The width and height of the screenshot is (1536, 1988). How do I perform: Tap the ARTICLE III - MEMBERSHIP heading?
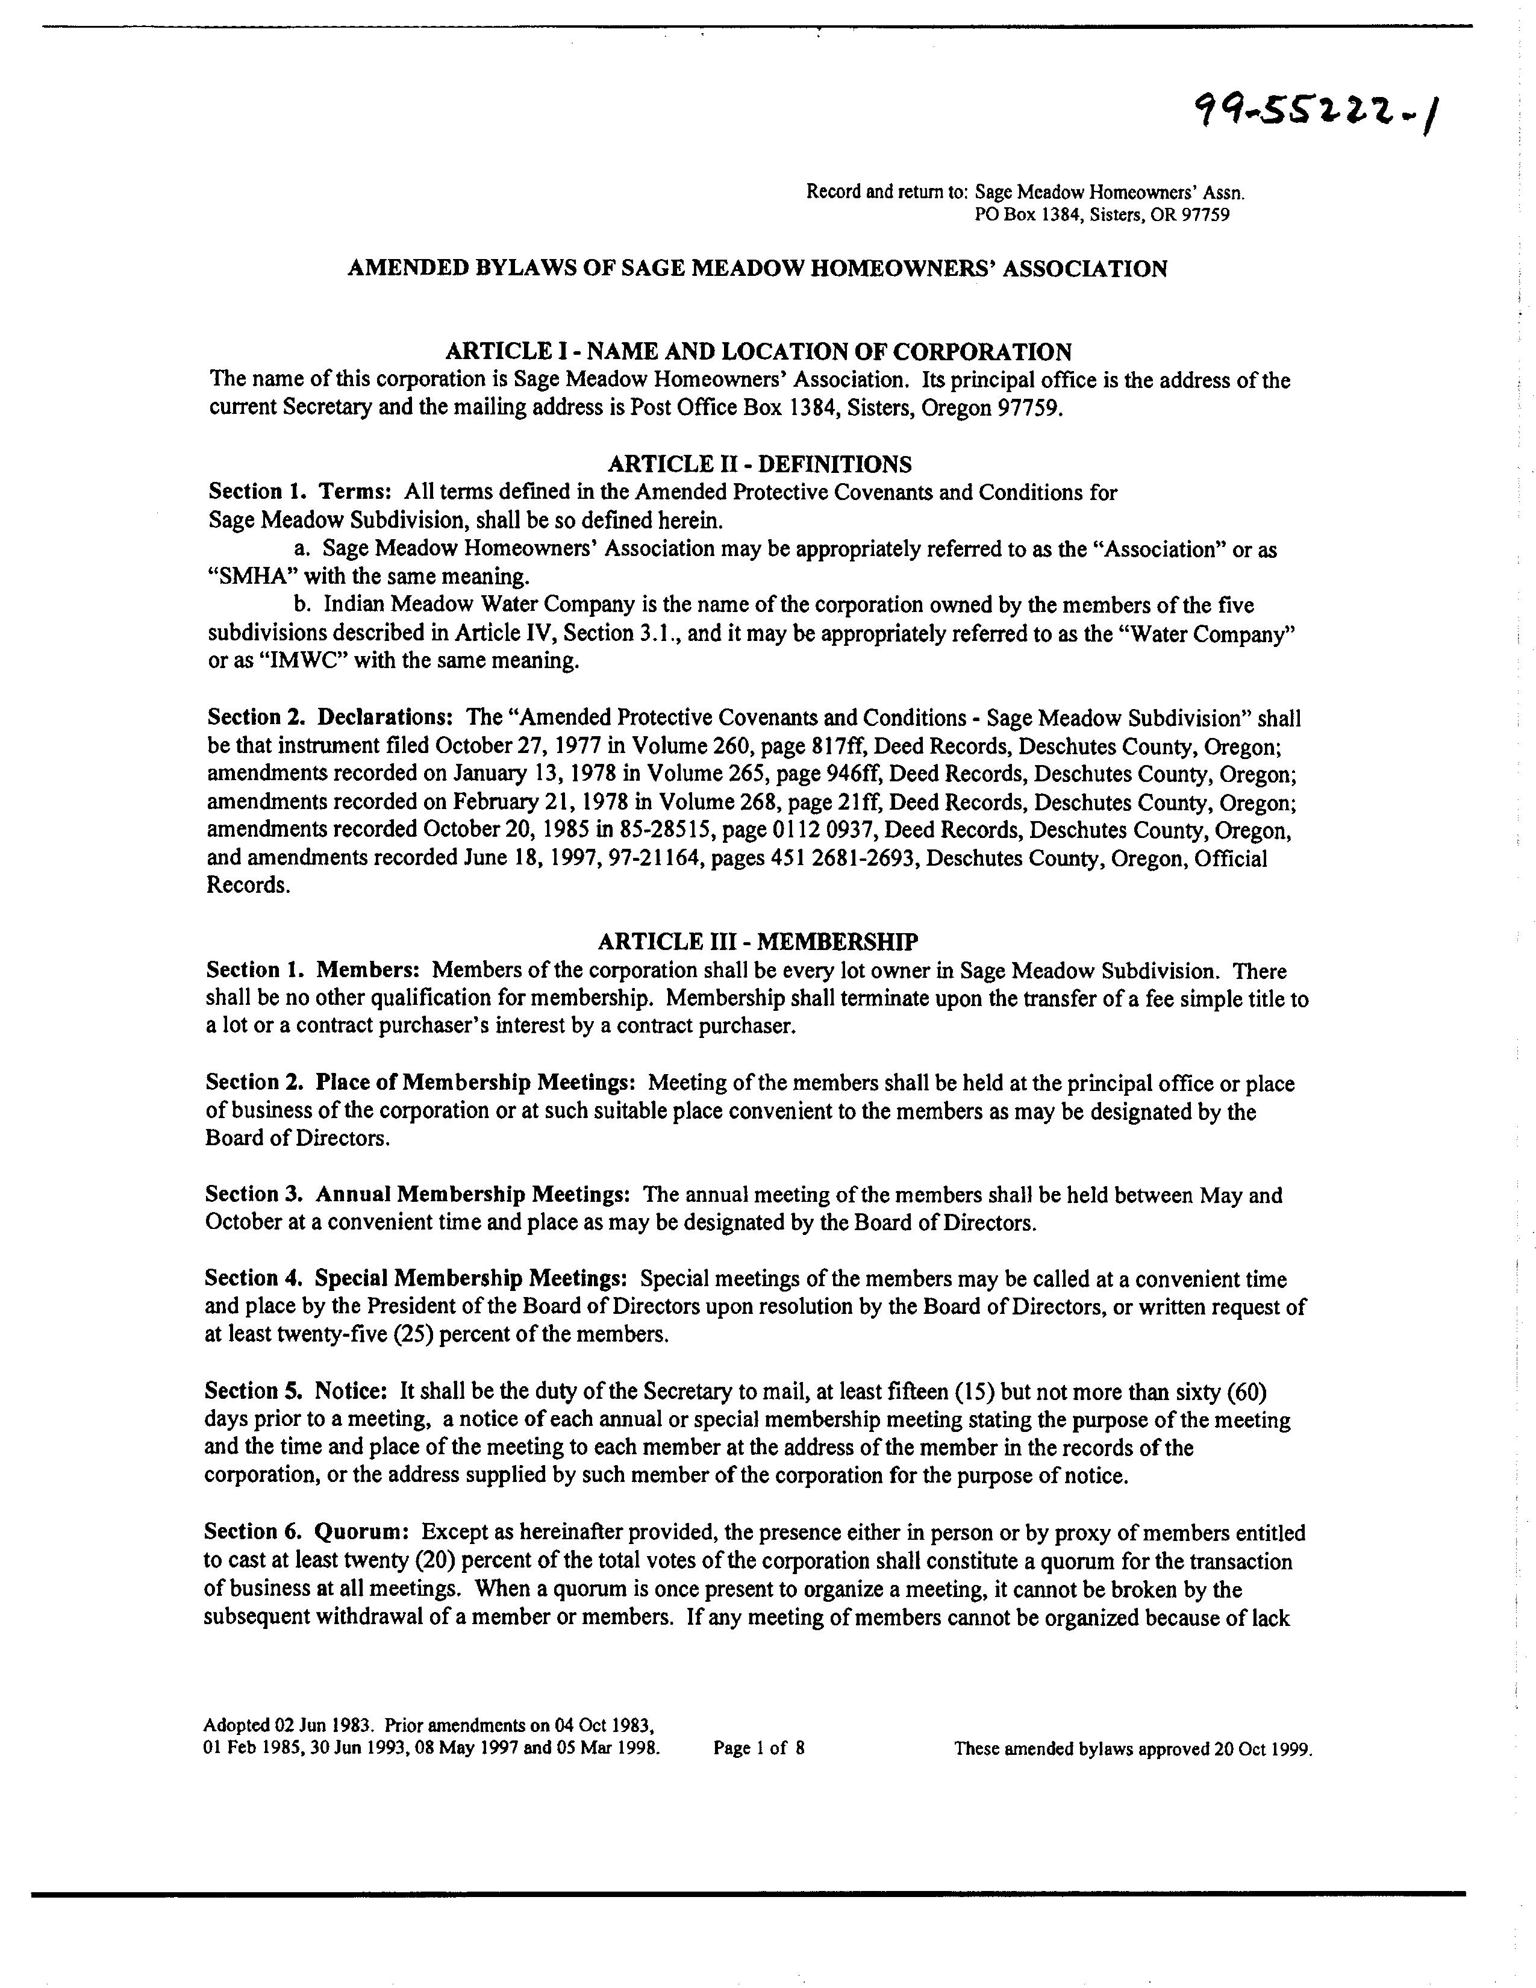(757, 940)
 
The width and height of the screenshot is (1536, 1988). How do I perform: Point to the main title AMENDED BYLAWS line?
(757, 269)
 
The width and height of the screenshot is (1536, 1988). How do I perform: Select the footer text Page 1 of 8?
(759, 1748)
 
